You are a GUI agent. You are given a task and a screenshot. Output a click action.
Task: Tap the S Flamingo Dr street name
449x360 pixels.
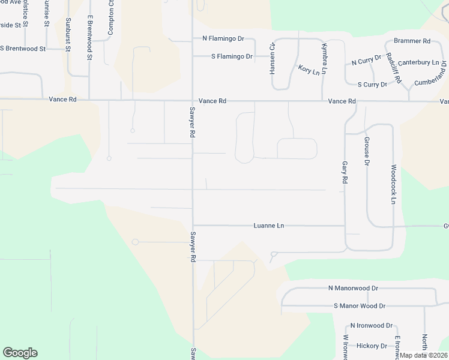click(232, 56)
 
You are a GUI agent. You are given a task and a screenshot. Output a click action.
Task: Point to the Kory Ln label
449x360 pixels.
click(309, 71)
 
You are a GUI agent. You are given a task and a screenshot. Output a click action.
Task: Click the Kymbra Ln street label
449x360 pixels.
click(324, 59)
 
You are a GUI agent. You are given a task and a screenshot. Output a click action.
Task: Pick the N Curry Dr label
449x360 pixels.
click(366, 60)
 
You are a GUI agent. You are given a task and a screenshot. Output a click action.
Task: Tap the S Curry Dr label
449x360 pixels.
click(372, 85)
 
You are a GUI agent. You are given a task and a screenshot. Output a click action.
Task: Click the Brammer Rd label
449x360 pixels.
click(412, 41)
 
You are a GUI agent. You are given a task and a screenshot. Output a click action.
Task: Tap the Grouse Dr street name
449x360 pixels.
click(366, 151)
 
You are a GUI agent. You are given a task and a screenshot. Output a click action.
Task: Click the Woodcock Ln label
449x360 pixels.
click(393, 184)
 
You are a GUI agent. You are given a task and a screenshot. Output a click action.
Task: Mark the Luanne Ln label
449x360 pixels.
click(269, 226)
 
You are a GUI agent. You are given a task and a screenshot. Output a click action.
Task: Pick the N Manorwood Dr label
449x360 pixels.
click(353, 288)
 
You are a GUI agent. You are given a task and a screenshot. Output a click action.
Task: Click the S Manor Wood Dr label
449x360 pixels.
click(360, 306)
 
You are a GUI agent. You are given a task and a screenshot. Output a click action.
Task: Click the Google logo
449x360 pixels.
click(20, 353)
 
